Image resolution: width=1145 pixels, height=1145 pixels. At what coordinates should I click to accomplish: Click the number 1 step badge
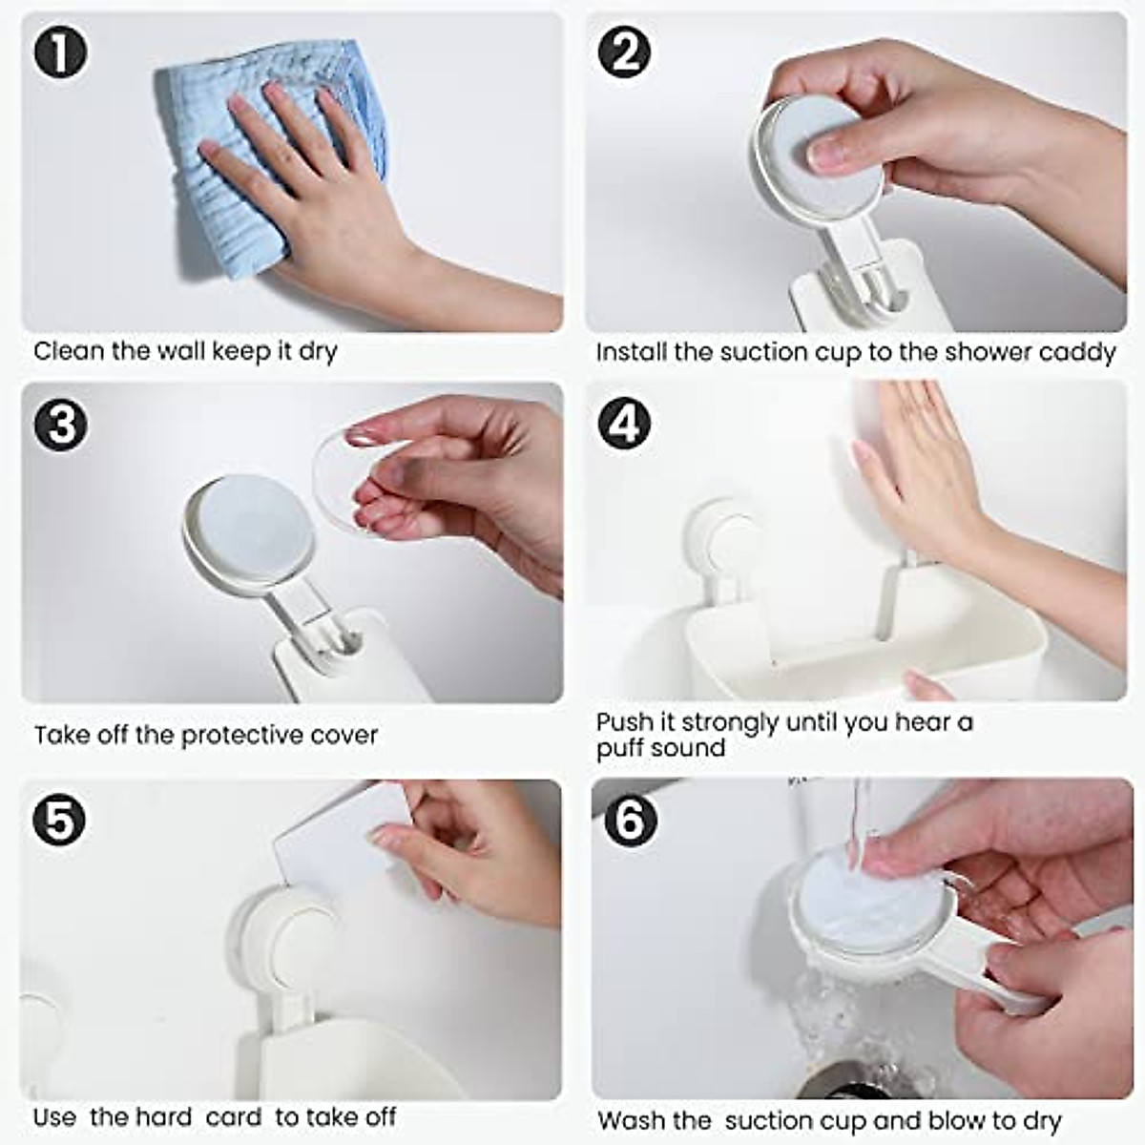(61, 54)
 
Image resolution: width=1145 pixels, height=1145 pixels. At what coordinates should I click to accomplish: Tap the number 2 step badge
(624, 54)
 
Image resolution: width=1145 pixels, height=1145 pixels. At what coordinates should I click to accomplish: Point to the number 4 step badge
(624, 423)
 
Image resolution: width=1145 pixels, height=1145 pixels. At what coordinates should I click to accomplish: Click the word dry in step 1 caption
(318, 352)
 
